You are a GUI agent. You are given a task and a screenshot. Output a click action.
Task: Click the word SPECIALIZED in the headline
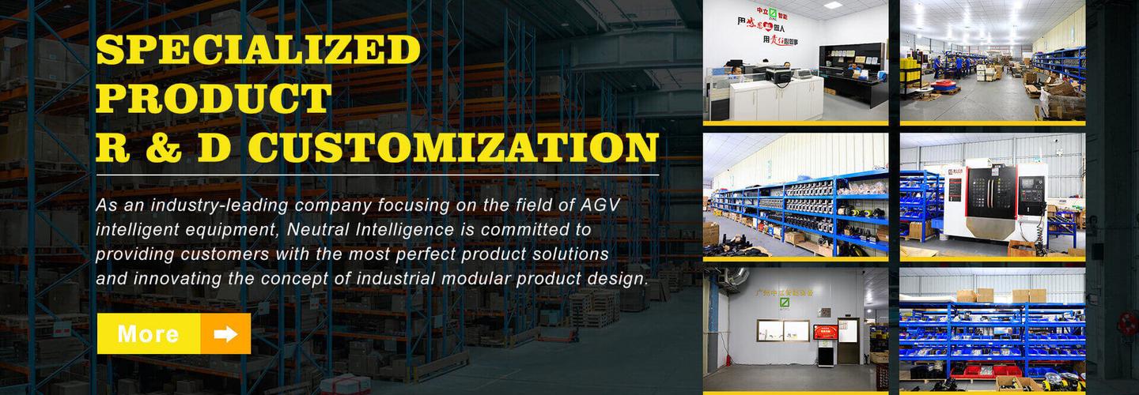[258, 51]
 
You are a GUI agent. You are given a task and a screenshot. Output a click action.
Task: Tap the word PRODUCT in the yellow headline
[214, 99]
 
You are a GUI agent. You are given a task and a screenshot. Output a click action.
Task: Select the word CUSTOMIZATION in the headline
[454, 148]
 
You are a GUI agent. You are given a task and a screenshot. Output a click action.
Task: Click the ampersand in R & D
[164, 148]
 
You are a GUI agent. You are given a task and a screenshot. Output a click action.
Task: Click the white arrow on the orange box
[225, 334]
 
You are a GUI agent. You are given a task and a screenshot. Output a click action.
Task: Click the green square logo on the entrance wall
[785, 303]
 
